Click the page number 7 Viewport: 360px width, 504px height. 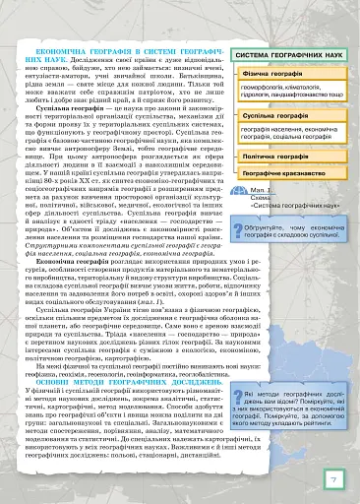click(333, 479)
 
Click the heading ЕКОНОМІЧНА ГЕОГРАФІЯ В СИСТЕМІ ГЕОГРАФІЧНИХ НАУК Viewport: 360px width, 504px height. click(125, 53)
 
